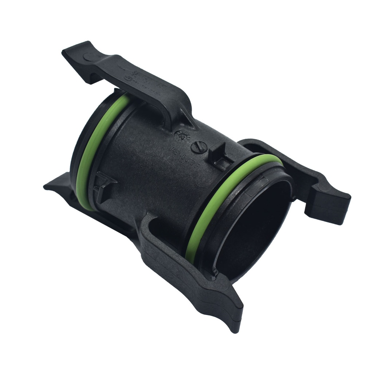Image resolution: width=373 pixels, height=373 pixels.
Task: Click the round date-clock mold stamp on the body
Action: tap(181, 135)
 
